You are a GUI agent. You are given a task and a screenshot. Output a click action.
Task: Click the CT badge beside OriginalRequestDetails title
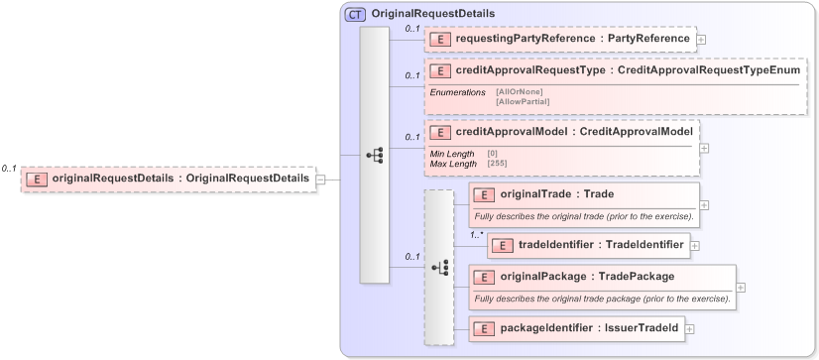click(x=355, y=14)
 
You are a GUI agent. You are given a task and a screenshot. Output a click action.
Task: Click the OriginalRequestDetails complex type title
click(x=427, y=14)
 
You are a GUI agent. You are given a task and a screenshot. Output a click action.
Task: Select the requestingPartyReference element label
click(x=572, y=39)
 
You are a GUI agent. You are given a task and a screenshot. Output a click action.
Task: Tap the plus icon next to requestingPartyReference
click(x=702, y=40)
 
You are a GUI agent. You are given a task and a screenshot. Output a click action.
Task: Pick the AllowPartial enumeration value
click(x=523, y=101)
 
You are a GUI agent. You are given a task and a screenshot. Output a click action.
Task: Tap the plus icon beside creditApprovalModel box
click(x=704, y=148)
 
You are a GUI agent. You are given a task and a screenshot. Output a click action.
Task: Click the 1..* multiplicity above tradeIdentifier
click(x=476, y=235)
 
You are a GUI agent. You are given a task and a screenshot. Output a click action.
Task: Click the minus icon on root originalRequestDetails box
click(x=320, y=180)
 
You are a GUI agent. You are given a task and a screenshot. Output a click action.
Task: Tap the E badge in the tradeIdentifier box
click(x=503, y=244)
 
